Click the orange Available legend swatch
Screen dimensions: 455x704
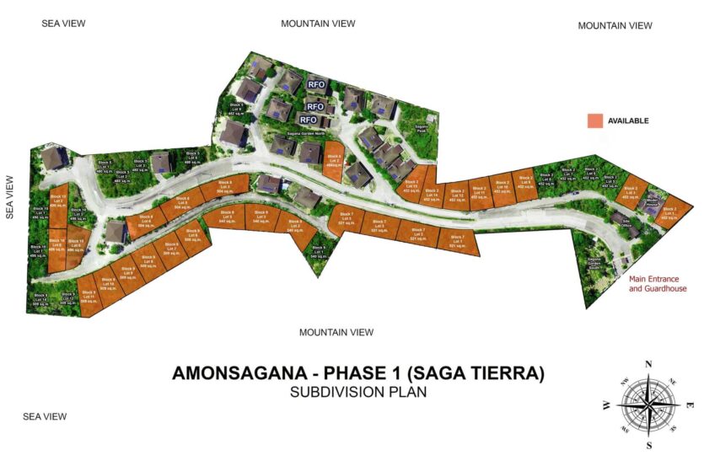pyautogui.click(x=595, y=121)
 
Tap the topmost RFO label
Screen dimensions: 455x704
pyautogui.click(x=316, y=84)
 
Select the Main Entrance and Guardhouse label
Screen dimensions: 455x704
pyautogui.click(x=658, y=284)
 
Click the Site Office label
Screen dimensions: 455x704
pyautogui.click(x=626, y=224)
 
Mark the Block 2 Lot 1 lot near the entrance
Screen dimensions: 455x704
pyautogui.click(x=669, y=212)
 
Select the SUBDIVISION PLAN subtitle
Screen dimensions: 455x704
pyautogui.click(x=357, y=392)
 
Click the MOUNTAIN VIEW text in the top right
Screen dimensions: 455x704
pyautogui.click(x=615, y=26)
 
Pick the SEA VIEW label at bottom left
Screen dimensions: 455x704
pyautogui.click(x=45, y=416)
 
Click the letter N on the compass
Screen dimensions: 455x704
pyautogui.click(x=648, y=363)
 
